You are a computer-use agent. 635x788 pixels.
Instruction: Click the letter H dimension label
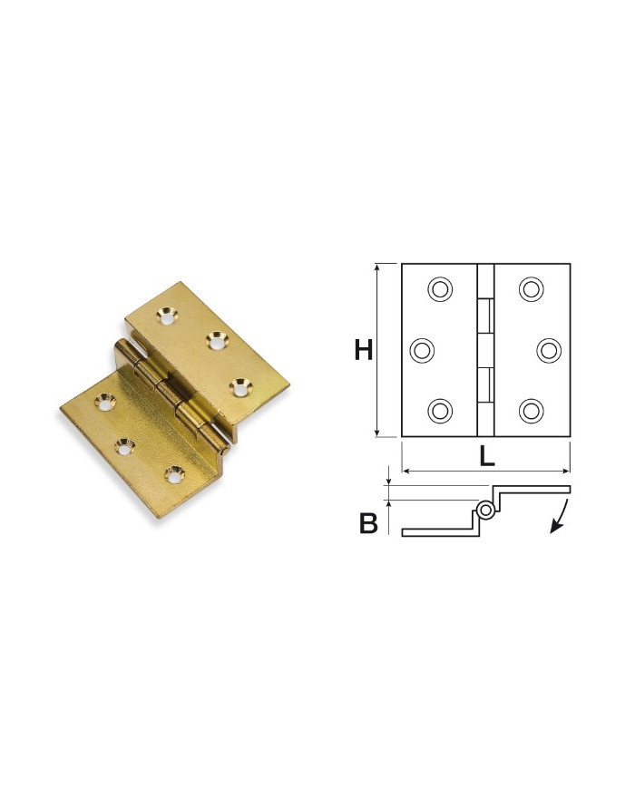tap(364, 350)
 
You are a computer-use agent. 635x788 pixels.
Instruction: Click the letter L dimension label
tap(487, 457)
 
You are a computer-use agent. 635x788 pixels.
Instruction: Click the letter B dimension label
tap(368, 523)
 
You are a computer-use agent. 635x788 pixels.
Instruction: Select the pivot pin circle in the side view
tap(485, 511)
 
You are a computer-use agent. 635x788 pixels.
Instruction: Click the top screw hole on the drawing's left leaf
tap(440, 289)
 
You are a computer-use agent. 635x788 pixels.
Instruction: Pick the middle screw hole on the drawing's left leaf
tap(422, 350)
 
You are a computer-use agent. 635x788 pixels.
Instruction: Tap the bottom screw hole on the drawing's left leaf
tap(440, 410)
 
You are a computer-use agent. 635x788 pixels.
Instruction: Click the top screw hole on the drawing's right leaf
tap(531, 289)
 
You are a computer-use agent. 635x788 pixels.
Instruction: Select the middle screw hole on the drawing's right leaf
tap(549, 350)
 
